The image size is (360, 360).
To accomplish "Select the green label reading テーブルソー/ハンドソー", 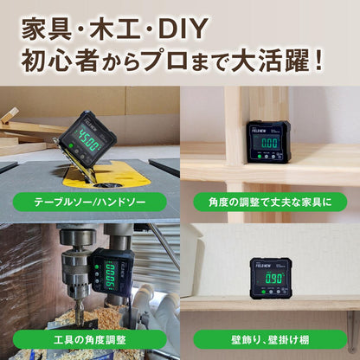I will pos(89,202).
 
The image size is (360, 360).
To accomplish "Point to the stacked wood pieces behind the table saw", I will pos(22,130).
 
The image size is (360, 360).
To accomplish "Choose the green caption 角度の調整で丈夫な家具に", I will pos(269,202).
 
